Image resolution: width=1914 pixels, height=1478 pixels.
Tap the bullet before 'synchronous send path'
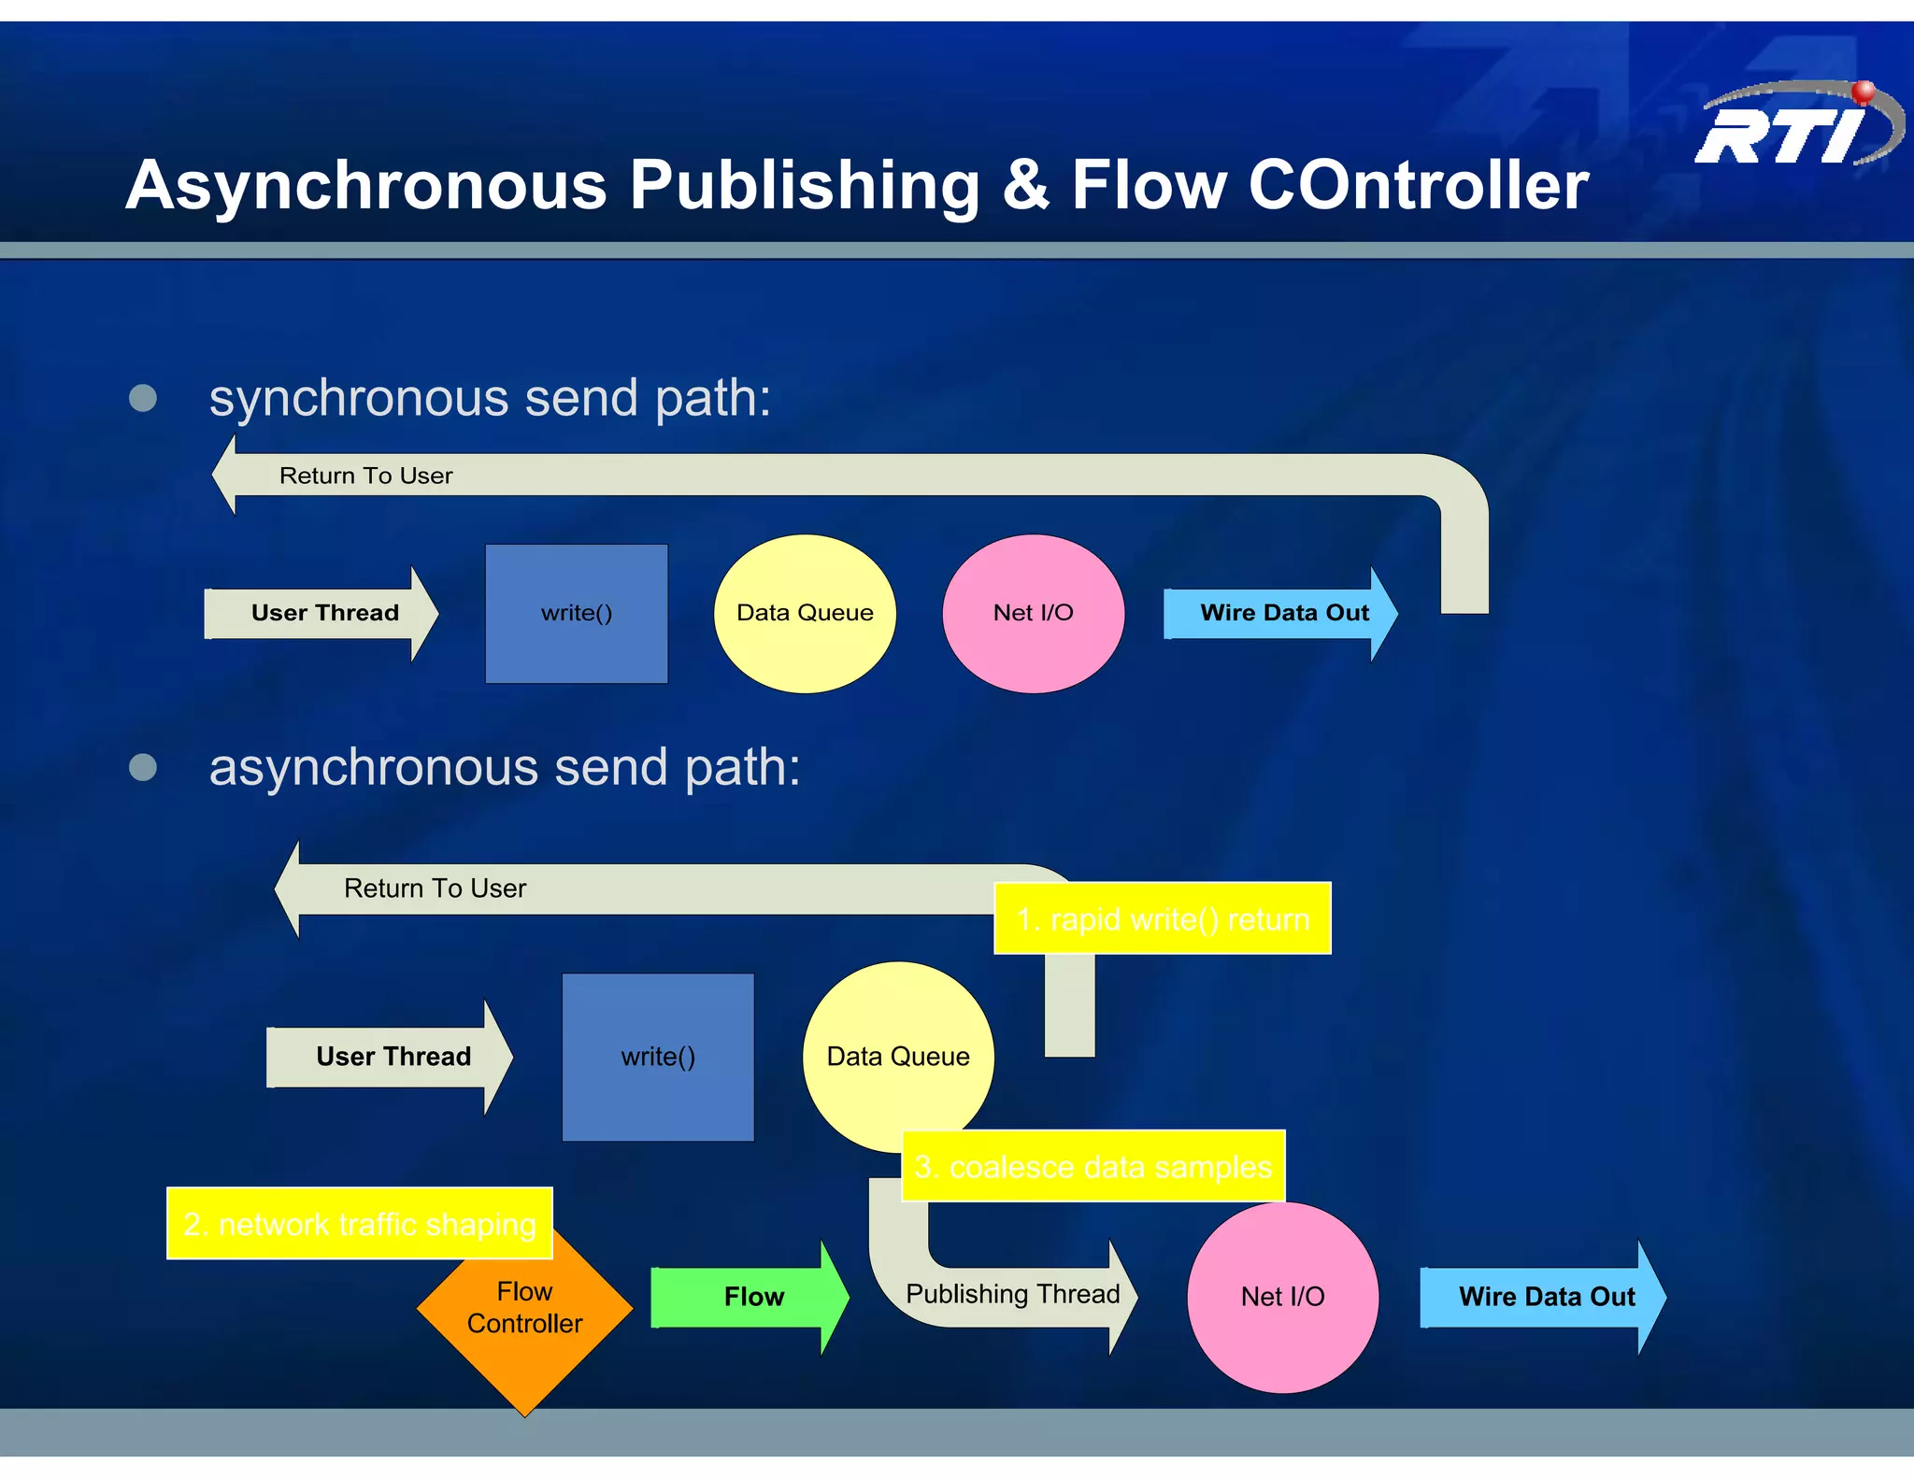pyautogui.click(x=143, y=398)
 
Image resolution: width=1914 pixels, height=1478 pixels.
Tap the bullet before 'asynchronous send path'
pyautogui.click(x=143, y=767)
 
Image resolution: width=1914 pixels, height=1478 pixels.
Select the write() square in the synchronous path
pyautogui.click(x=577, y=614)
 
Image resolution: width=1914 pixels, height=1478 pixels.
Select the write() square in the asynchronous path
pyautogui.click(x=658, y=1057)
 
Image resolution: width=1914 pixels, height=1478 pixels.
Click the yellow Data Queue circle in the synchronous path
pyautogui.click(x=805, y=614)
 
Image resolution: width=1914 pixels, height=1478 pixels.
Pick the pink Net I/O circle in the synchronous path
pyautogui.click(x=1033, y=614)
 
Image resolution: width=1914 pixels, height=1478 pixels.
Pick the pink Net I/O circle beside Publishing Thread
pyautogui.click(x=1282, y=1297)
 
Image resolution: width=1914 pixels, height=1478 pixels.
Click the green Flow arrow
pyautogui.click(x=752, y=1297)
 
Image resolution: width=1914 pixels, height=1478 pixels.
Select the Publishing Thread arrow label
pyautogui.click(x=1012, y=1294)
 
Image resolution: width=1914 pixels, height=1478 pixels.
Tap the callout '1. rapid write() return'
pyautogui.click(x=1162, y=919)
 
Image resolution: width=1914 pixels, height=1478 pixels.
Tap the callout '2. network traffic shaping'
pyautogui.click(x=359, y=1224)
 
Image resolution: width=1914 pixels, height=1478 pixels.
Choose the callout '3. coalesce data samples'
pyautogui.click(x=1093, y=1167)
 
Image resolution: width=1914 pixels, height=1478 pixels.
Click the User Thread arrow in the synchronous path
pyautogui.click(x=323, y=614)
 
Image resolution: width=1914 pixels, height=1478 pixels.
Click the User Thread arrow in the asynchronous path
pyautogui.click(x=393, y=1057)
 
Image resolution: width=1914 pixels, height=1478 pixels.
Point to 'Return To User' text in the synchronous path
pyautogui.click(x=365, y=476)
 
